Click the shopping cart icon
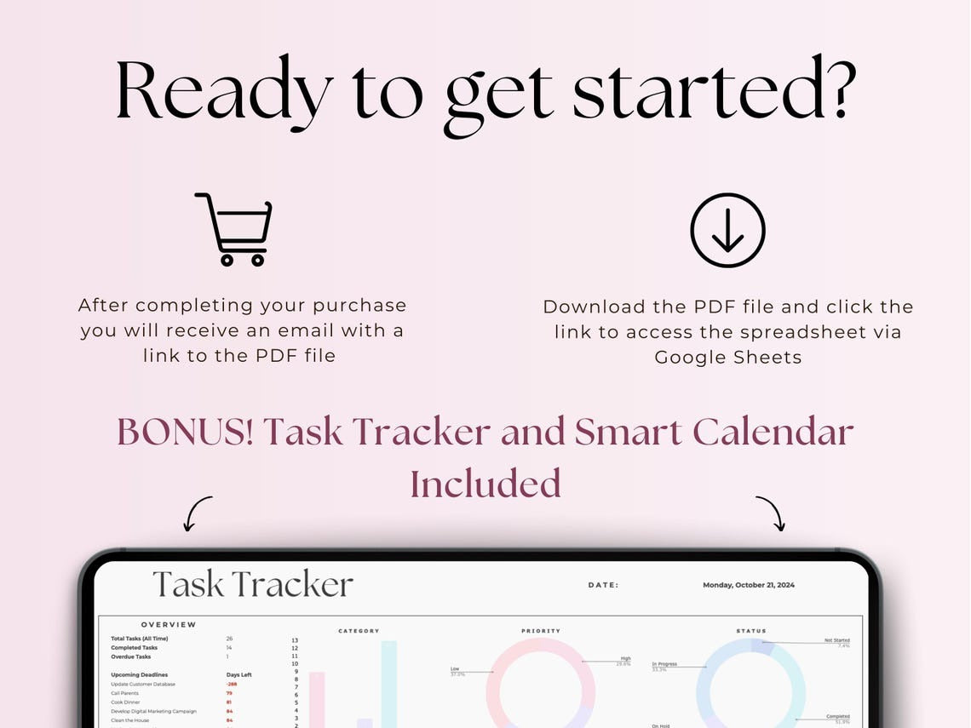tap(234, 229)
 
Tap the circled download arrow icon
tap(727, 231)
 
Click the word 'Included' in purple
tap(485, 483)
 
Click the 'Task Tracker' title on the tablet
tap(252, 585)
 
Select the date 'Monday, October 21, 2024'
tap(748, 585)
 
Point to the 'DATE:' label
tap(604, 586)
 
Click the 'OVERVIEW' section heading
tap(169, 625)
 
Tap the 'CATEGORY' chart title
tap(359, 631)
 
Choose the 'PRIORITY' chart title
tap(540, 631)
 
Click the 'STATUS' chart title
tap(750, 631)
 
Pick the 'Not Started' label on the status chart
tap(836, 640)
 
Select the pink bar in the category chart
tap(316, 699)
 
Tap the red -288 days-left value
tap(231, 684)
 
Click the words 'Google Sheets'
tap(727, 357)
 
